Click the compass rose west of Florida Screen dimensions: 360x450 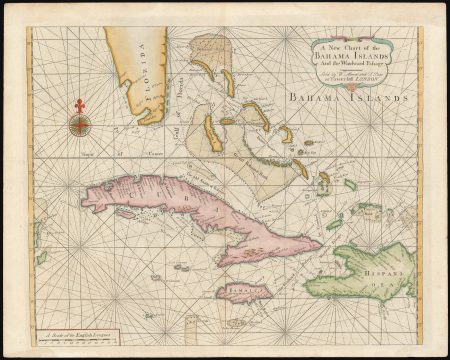[x=79, y=125]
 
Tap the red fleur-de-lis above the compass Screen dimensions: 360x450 [x=79, y=105]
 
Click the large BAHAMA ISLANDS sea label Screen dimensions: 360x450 [x=346, y=98]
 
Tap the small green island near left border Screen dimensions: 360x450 [x=41, y=257]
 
